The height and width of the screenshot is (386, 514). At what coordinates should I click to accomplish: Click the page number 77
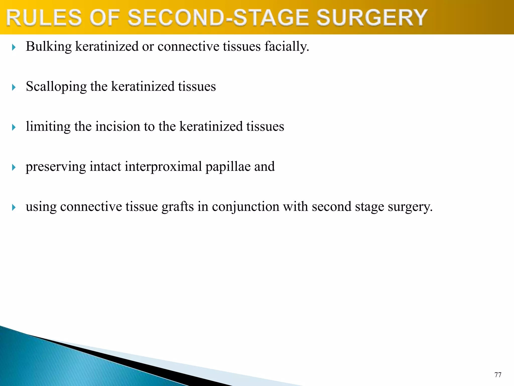pyautogui.click(x=498, y=375)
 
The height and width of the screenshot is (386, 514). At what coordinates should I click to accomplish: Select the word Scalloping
pyautogui.click(x=56, y=87)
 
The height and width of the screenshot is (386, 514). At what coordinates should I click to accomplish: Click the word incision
pyautogui.click(x=118, y=126)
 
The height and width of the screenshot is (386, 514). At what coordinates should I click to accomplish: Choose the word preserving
pyautogui.click(x=56, y=167)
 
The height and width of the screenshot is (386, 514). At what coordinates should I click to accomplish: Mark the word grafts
pyautogui.click(x=177, y=207)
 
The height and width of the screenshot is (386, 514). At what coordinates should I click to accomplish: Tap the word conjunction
pyautogui.click(x=245, y=207)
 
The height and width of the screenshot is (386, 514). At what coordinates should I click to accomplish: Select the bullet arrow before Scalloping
pyautogui.click(x=14, y=87)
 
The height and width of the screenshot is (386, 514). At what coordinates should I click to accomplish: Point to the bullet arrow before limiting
pyautogui.click(x=14, y=127)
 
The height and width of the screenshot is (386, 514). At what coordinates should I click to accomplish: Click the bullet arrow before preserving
pyautogui.click(x=14, y=167)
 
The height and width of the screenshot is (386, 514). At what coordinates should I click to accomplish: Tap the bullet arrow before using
pyautogui.click(x=14, y=207)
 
